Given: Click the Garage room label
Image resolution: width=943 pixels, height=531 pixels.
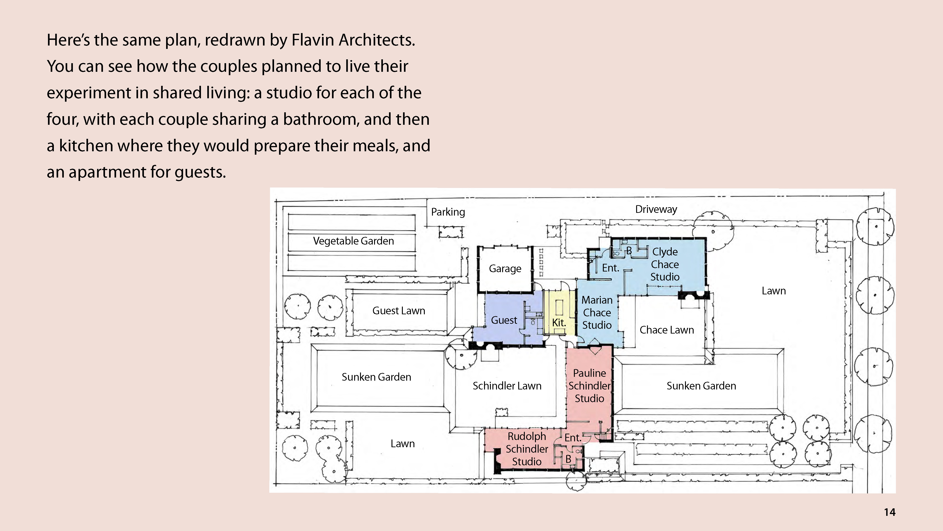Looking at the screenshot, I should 505,269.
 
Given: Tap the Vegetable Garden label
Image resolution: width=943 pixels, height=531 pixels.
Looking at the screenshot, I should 353,241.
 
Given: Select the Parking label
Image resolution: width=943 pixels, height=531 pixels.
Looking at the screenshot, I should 448,212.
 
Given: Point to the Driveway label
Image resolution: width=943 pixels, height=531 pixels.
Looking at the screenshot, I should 656,209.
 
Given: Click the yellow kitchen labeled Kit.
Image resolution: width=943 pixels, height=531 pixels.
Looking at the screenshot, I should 559,323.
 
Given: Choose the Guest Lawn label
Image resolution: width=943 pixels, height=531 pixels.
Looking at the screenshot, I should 399,310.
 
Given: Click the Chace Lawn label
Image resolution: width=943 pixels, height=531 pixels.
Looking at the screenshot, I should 667,330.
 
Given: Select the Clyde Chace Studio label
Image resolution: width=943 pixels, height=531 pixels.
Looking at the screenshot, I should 665,264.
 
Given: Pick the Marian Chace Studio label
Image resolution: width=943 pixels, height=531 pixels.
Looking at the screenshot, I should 597,313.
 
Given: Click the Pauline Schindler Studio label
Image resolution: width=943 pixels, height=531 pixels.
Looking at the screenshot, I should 589,386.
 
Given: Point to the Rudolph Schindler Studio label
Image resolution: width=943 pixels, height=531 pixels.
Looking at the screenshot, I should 527,449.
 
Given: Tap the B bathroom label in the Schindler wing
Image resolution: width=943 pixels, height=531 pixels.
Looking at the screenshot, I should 568,459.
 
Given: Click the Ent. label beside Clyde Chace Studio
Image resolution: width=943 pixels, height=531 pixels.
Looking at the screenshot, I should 611,268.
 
